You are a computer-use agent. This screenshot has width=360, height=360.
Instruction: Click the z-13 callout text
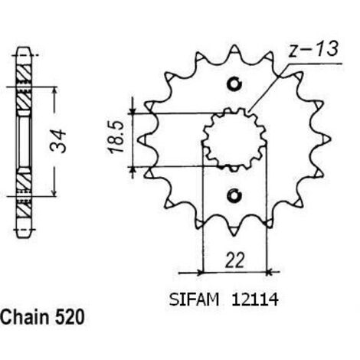[313, 49]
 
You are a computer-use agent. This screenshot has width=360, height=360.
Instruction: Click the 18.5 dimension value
[116, 138]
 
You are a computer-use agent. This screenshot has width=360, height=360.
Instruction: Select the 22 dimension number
[234, 260]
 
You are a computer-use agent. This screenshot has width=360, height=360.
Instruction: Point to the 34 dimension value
[58, 141]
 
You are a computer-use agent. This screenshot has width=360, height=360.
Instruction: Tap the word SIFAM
[194, 299]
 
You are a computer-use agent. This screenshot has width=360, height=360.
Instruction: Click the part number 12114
[255, 299]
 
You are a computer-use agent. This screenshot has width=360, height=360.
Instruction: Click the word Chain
[25, 317]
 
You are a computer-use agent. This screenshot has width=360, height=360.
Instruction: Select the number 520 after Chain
[69, 317]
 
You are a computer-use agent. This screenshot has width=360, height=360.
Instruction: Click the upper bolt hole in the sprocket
[234, 83]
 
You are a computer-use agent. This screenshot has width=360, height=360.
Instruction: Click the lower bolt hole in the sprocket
[234, 196]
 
